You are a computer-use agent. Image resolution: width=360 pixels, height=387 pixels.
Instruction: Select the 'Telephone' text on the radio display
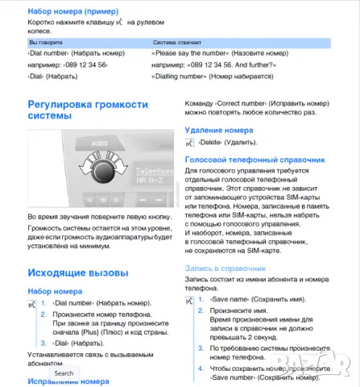(x=154, y=171)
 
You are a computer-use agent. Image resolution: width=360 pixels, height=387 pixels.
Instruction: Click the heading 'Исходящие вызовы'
(x=77, y=273)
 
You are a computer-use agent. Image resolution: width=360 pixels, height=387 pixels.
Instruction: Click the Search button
(x=64, y=373)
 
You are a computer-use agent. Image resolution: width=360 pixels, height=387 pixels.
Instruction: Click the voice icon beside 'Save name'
(x=189, y=299)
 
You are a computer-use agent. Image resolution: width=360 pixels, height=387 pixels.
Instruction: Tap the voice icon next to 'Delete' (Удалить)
(x=189, y=142)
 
